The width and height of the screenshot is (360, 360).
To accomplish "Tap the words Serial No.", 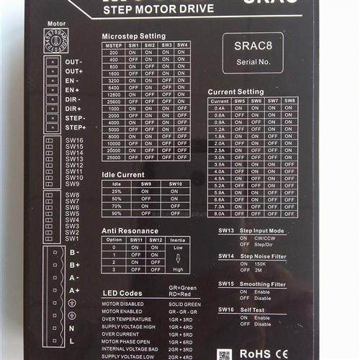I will point(253,62).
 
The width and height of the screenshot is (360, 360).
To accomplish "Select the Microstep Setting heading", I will point(133,36).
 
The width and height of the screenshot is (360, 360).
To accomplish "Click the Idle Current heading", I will point(122,174).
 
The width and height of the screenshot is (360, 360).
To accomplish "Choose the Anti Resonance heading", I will point(130,230).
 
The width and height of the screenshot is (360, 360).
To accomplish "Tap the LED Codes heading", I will point(122,294).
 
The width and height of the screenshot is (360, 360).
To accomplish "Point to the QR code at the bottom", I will point(225,354).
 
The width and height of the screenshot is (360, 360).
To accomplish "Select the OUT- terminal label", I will point(74,63).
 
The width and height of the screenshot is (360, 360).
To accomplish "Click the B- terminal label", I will point(74,253).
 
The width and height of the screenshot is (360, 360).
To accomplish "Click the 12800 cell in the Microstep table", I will point(114,94).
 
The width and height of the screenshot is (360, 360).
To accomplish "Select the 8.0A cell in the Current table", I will point(220,213).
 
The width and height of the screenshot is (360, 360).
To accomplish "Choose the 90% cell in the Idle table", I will point(117,213).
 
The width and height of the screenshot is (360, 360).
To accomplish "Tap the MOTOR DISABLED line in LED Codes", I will point(122,303).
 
